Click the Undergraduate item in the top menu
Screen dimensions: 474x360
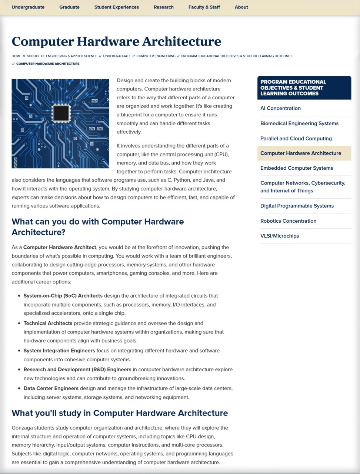28,7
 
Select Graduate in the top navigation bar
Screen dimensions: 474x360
69,7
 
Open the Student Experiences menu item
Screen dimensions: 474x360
116,7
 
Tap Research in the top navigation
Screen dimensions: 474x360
163,7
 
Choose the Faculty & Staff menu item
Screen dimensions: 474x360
204,7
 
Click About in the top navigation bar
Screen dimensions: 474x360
241,7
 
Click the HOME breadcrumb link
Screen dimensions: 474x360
16,56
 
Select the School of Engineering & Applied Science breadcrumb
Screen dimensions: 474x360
62,56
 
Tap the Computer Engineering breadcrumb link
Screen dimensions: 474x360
156,56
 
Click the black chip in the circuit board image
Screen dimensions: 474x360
61,113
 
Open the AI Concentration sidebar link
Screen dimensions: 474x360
280,108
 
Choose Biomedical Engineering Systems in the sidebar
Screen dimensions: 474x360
299,123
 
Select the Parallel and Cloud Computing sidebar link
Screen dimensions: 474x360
296,139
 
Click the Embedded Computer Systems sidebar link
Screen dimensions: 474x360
297,168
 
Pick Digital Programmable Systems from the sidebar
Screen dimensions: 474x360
297,206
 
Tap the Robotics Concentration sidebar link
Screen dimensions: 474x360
288,221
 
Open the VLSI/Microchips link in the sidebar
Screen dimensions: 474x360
280,236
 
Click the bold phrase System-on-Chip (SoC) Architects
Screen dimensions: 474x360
63,296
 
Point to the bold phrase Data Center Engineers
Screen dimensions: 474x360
51,388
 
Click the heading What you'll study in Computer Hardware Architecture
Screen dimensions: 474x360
120,413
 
